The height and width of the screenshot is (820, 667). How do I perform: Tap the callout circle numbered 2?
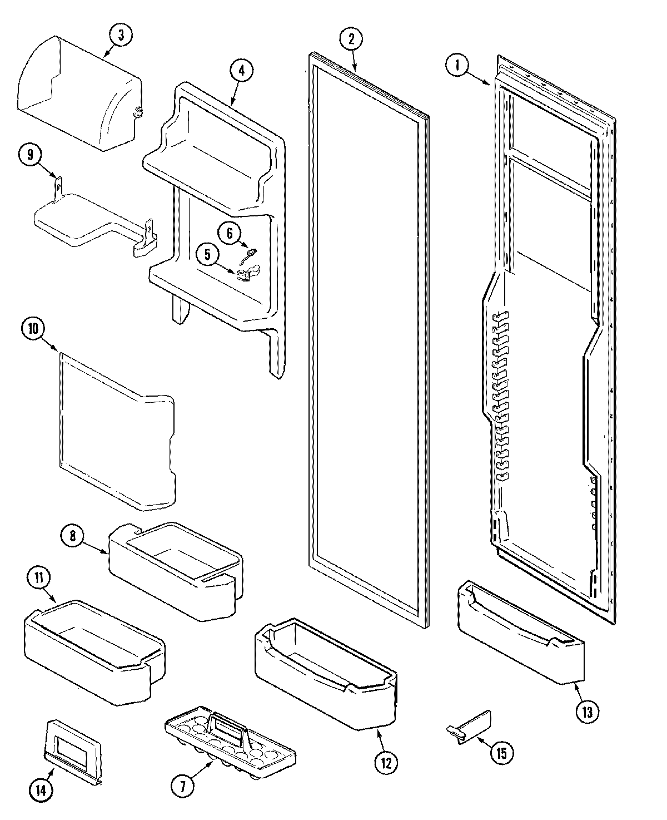(351, 39)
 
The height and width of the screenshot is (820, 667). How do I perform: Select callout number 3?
(121, 35)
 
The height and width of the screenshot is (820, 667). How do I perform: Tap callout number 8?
(73, 536)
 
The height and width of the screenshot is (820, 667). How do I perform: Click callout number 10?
(33, 329)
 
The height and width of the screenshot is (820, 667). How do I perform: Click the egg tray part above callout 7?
(228, 745)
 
